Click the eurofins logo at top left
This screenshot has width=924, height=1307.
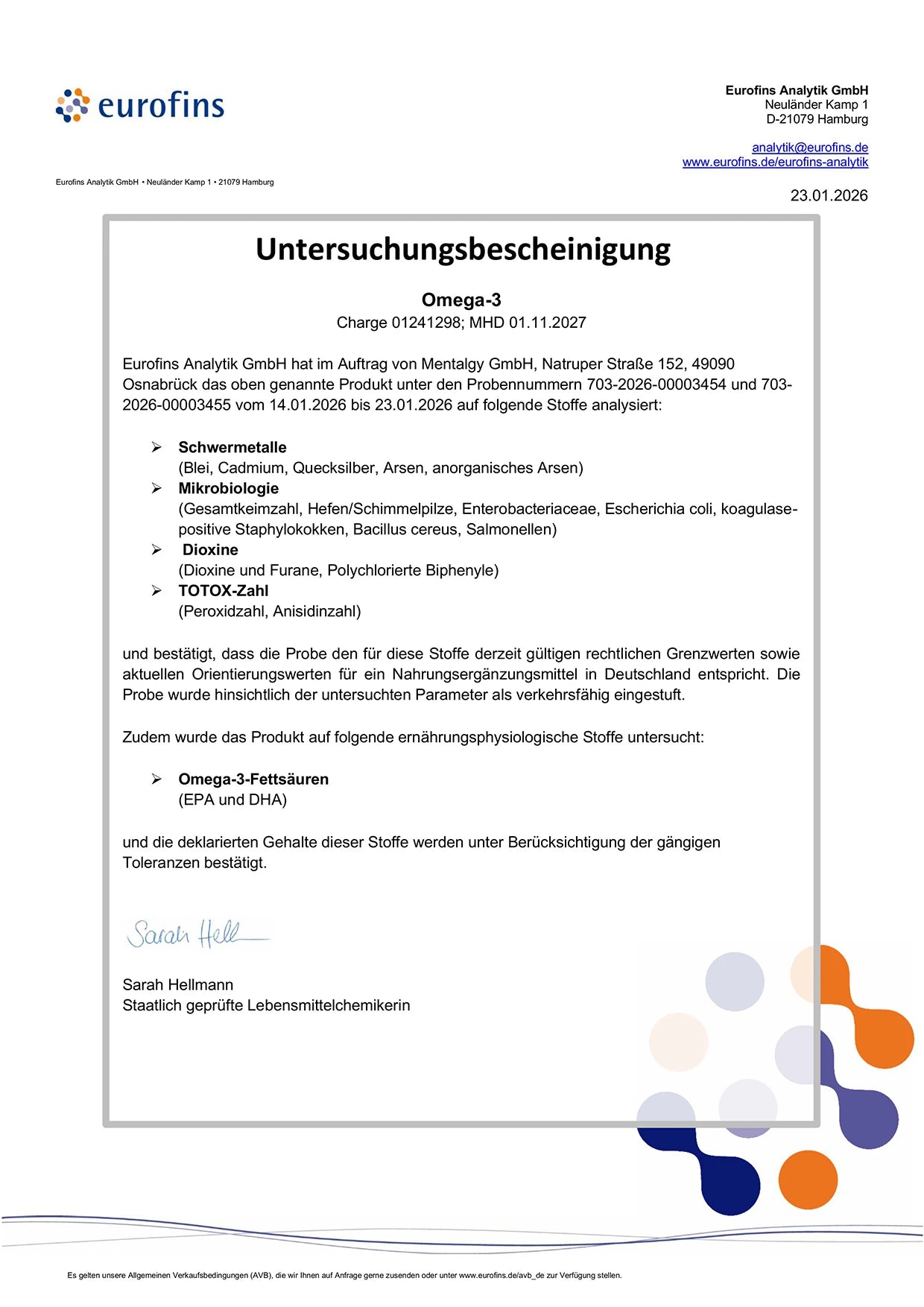click(x=140, y=105)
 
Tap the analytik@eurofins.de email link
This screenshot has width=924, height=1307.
click(x=810, y=148)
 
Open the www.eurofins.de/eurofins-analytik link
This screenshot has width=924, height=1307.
click(x=775, y=162)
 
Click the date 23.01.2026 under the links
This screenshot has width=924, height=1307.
click(x=829, y=195)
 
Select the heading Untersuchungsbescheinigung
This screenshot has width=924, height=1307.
click(x=463, y=249)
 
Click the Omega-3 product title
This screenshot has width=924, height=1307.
click(x=461, y=300)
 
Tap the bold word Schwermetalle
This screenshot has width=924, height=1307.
click(x=232, y=447)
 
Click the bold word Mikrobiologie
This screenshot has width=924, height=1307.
click(x=229, y=488)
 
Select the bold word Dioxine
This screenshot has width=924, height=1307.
click(x=210, y=550)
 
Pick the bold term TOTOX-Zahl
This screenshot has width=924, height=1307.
click(x=224, y=591)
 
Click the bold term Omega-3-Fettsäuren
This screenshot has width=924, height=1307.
click(x=253, y=779)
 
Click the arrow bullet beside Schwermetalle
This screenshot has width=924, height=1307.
click(x=156, y=447)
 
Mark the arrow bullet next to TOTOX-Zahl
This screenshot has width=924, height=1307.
click(x=156, y=591)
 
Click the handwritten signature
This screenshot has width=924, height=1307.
click(x=195, y=934)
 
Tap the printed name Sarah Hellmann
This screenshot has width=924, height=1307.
click(x=178, y=985)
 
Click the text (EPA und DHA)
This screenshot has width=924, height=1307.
click(x=232, y=800)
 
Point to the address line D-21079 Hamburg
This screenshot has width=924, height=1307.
click(x=817, y=119)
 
